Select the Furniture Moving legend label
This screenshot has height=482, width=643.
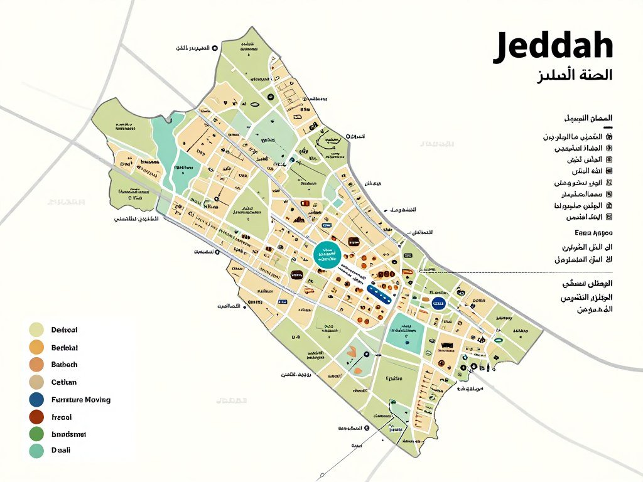coord(80,399)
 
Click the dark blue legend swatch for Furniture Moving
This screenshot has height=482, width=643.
coord(36,399)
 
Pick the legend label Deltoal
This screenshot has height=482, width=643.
coord(64,329)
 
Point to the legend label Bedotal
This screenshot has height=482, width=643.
coord(64,347)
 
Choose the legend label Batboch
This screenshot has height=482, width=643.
coord(64,364)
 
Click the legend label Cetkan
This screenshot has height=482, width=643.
coord(63,382)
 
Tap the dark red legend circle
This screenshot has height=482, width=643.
coord(36,417)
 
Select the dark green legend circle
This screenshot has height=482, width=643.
coord(36,434)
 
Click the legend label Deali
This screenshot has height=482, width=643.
coord(61,450)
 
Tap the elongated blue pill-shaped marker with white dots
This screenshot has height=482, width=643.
coord(381,290)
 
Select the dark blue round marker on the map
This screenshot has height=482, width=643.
coord(437,305)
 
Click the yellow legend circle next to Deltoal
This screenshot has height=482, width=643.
coord(36,329)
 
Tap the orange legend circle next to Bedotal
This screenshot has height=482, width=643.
coord(36,347)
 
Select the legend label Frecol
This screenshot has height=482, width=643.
coord(62,417)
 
